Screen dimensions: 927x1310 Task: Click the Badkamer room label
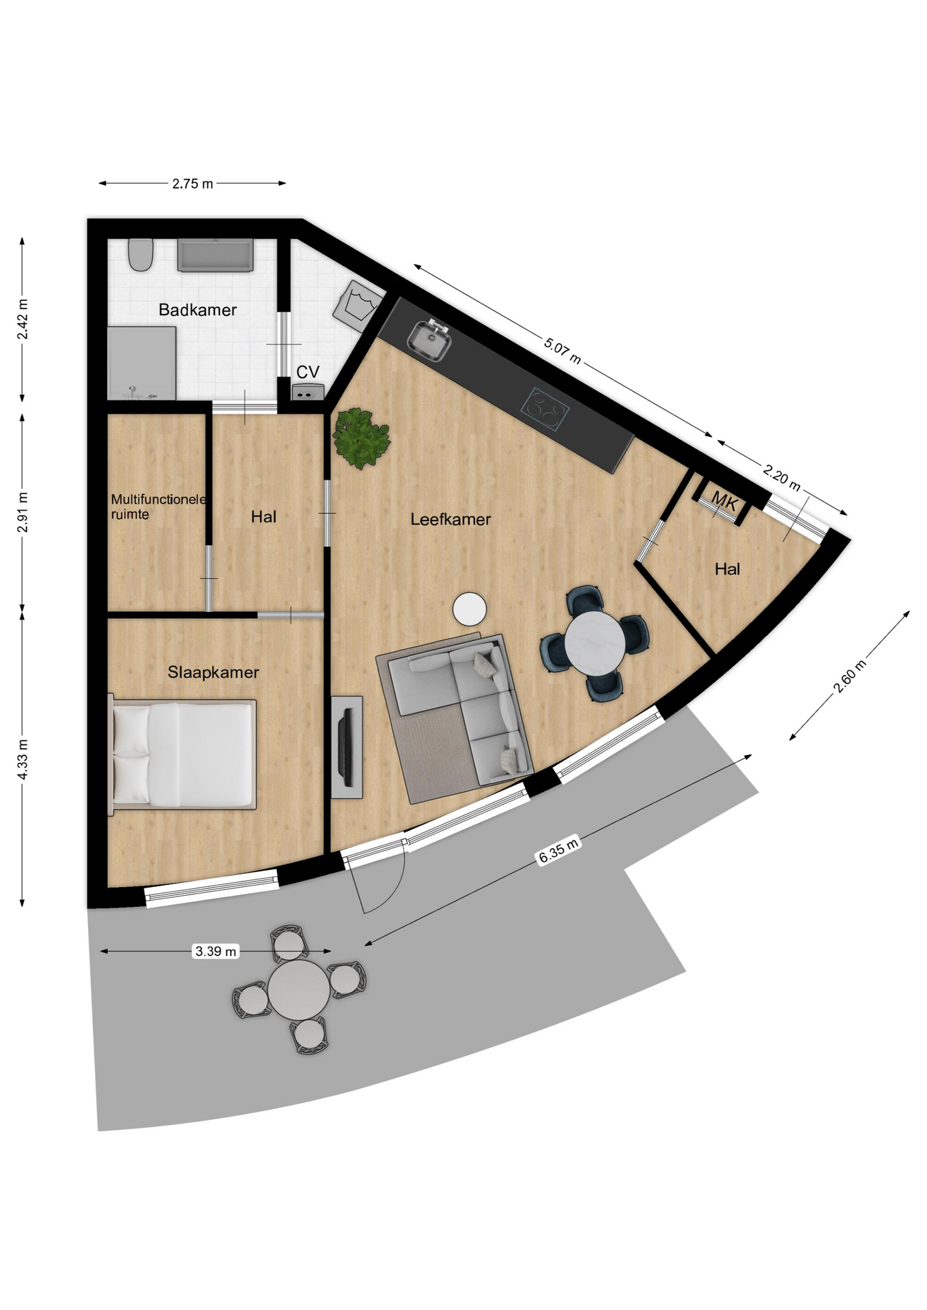point(197,310)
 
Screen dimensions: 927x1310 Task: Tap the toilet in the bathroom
point(141,254)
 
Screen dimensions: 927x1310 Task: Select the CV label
point(308,372)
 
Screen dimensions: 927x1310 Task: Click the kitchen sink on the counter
point(429,339)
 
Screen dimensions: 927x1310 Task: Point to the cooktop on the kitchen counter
point(545,409)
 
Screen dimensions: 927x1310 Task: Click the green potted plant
point(361,437)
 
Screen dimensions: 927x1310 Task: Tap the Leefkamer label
point(451,520)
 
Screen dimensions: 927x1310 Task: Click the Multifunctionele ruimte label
point(158,507)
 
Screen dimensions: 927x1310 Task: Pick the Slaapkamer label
point(214,673)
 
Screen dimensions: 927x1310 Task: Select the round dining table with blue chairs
point(594,642)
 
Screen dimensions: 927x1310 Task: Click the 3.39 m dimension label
point(216,951)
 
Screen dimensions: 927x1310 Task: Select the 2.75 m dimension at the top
point(192,184)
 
